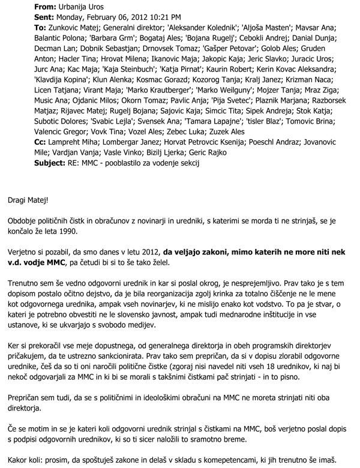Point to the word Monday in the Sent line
coord(75,17)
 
